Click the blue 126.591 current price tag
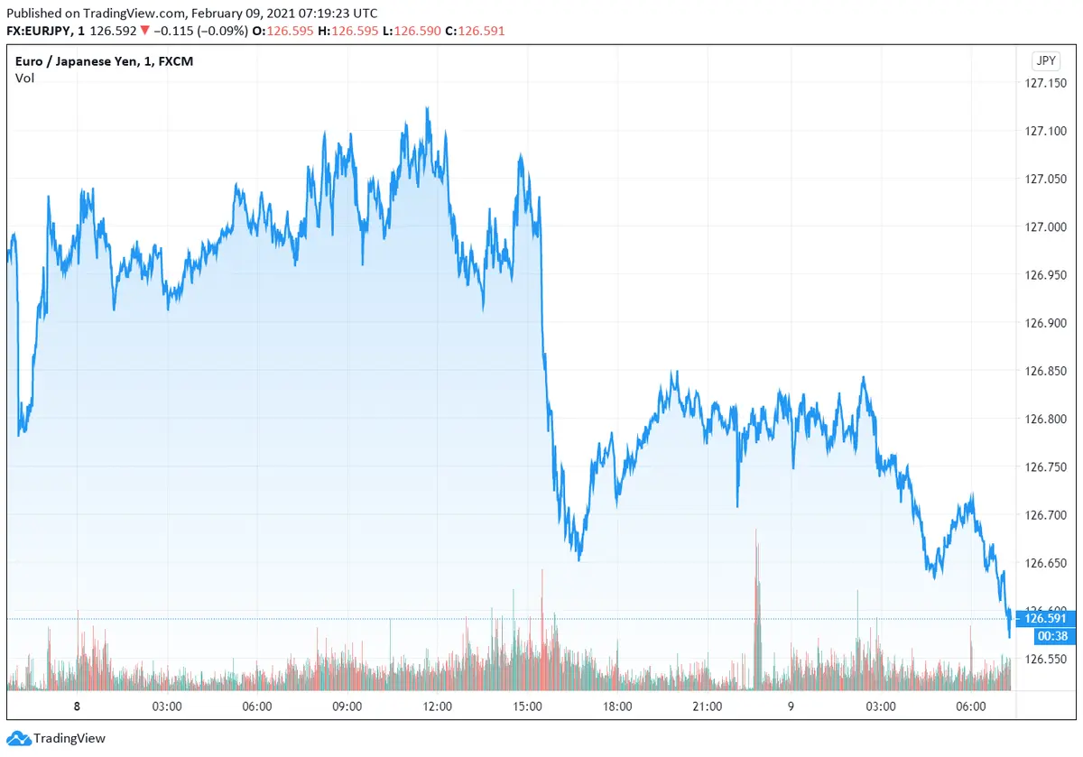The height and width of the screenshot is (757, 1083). click(1043, 619)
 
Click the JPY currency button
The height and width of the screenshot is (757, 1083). click(1045, 61)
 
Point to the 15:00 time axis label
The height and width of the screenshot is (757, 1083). click(527, 706)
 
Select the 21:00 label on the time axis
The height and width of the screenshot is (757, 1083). click(707, 706)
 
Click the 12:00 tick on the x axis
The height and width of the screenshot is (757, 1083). click(438, 706)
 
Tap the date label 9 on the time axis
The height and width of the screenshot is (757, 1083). click(791, 706)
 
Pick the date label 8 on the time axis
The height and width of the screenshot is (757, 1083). click(78, 706)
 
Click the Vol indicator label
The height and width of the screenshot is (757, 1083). click(24, 78)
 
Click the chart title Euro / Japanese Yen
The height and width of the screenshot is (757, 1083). click(79, 61)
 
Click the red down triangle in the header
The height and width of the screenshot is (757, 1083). click(144, 31)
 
